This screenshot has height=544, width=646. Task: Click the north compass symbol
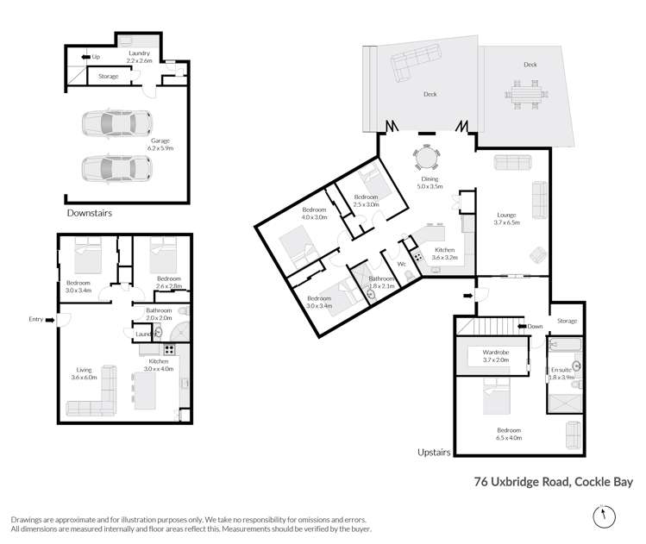point(604,516)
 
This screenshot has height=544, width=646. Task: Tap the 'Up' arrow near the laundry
point(85,57)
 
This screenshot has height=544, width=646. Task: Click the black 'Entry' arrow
point(50,320)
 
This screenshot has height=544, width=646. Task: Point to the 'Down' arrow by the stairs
point(522,326)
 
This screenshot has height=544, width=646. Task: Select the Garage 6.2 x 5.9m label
point(160,145)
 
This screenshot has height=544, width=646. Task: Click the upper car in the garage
point(117,122)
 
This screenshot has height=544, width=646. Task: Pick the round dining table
point(427,157)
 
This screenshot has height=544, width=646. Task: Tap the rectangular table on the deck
point(526,95)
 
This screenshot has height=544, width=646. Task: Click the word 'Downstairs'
point(90,213)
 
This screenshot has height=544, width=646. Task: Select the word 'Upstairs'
point(434,452)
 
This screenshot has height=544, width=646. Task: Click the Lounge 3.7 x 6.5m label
point(507,219)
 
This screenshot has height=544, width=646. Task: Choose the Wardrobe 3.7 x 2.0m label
point(496,356)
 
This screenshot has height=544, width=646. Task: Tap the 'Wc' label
point(402,264)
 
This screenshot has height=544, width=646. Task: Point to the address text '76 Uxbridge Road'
point(522,482)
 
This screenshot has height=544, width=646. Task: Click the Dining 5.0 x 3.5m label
point(430,183)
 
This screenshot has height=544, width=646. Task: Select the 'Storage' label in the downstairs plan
point(109,76)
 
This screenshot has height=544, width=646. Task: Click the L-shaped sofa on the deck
point(416,63)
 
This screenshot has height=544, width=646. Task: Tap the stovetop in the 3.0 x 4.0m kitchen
point(169,350)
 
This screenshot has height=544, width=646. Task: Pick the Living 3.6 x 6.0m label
point(84,373)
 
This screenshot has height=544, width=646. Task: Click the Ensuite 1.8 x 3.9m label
point(561,373)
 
